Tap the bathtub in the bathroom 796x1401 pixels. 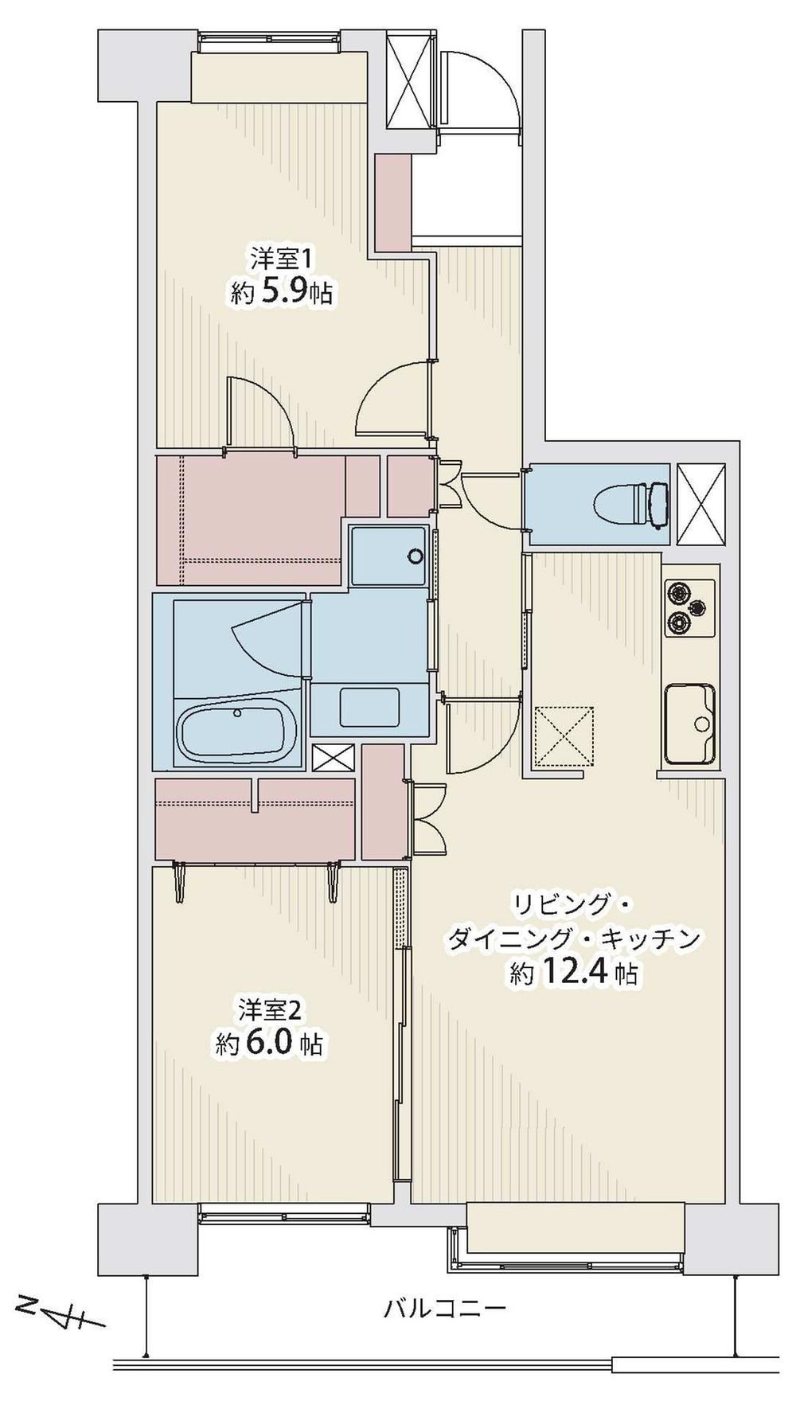pos(236,730)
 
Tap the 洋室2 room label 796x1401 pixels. pos(270,1010)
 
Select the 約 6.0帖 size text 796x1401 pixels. pos(271,1043)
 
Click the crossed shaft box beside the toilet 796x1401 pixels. pos(700,504)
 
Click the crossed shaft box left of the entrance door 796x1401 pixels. pos(410,79)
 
